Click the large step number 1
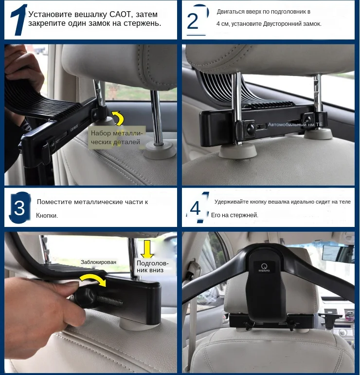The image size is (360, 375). tap(19, 20)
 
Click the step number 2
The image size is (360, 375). tap(193, 21)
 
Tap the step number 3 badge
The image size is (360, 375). tap(20, 208)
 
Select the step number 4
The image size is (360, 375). tap(196, 208)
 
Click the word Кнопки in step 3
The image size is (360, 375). tap(46, 215)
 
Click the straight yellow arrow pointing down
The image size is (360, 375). tap(147, 249)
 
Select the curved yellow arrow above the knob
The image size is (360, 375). tap(93, 280)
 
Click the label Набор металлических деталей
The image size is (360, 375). tap(117, 137)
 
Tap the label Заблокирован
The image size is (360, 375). tap(98, 262)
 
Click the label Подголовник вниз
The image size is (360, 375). tap(152, 267)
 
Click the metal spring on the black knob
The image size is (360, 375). tap(109, 300)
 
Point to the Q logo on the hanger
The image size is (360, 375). tap(264, 267)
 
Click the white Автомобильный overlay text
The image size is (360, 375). tap(295, 125)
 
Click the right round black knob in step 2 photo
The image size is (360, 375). tap(307, 119)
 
